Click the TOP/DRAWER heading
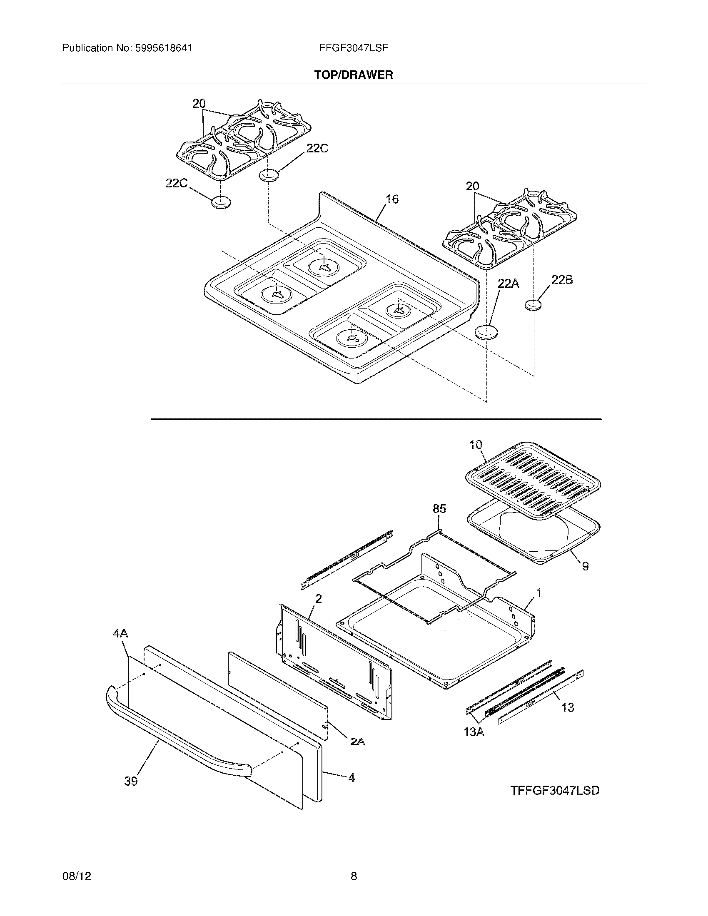pyautogui.click(x=354, y=75)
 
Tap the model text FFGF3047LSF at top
pyautogui.click(x=354, y=48)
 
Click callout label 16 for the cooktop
pyautogui.click(x=392, y=199)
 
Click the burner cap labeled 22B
pyautogui.click(x=533, y=305)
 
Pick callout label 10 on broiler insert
pyautogui.click(x=476, y=445)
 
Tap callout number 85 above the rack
pyautogui.click(x=439, y=509)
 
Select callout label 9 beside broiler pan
pyautogui.click(x=585, y=566)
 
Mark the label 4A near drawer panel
pyautogui.click(x=120, y=633)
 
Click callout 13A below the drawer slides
pyautogui.click(x=474, y=732)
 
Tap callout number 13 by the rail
pyautogui.click(x=567, y=707)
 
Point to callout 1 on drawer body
pyautogui.click(x=539, y=593)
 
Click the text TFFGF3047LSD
pyautogui.click(x=554, y=791)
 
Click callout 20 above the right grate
pyautogui.click(x=472, y=186)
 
